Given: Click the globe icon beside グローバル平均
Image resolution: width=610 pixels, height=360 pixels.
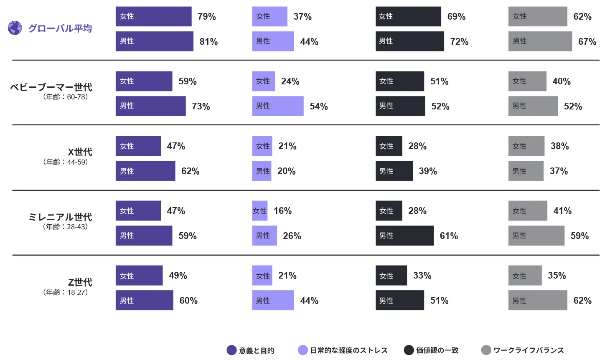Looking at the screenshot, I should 15,28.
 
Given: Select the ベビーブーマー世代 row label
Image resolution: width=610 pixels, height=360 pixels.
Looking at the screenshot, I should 51,87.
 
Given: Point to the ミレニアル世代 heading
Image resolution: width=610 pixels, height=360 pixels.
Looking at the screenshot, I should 60,217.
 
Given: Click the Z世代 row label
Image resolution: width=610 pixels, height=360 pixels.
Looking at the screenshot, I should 80,282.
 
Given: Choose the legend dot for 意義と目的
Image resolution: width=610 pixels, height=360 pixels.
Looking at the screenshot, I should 231,350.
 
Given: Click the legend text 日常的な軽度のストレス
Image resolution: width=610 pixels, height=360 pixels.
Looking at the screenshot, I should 348,350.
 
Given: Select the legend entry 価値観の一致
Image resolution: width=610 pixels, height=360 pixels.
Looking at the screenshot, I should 437,350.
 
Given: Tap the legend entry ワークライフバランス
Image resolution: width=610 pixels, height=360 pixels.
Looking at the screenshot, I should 528,350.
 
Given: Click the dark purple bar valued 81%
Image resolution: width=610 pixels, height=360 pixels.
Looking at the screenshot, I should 154,41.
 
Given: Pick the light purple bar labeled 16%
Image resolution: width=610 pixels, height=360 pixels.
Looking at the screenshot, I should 259,210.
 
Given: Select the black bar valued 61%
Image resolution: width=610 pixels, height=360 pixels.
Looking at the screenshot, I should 404,236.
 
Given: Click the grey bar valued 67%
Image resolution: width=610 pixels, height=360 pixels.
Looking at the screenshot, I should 540,41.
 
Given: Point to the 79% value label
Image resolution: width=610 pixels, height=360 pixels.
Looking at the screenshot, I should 207,17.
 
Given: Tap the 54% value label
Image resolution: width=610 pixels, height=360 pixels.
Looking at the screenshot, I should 319,106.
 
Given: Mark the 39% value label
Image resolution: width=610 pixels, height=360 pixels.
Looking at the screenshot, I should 428,171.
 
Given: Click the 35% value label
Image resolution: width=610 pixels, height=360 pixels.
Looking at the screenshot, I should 557,276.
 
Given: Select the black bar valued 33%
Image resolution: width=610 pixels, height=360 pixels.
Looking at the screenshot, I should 391,276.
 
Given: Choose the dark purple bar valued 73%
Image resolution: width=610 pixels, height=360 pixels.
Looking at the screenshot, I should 150,106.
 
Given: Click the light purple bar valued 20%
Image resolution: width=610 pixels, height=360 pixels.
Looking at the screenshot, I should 262,171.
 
